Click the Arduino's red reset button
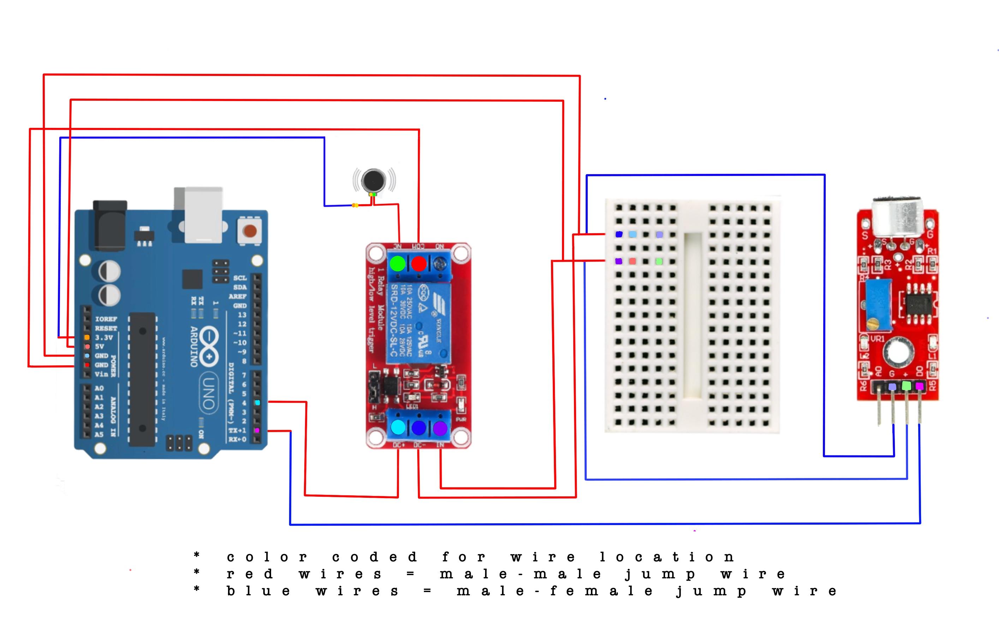pyautogui.click(x=249, y=230)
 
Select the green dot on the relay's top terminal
pyautogui.click(x=397, y=263)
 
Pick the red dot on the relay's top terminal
pyautogui.click(x=419, y=263)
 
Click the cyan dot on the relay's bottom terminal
pyautogui.click(x=398, y=427)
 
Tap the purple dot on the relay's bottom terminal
pyautogui.click(x=440, y=428)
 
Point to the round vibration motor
pyautogui.click(x=373, y=181)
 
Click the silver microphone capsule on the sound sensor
pyautogui.click(x=897, y=216)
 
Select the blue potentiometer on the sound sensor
pyautogui.click(x=879, y=305)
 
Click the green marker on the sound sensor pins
pyautogui.click(x=907, y=386)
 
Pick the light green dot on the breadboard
pyautogui.click(x=659, y=261)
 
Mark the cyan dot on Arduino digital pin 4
pyautogui.click(x=258, y=403)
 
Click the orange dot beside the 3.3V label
pyautogui.click(x=87, y=337)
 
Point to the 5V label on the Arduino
pyautogui.click(x=100, y=346)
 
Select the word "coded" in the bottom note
pyautogui.click(x=374, y=557)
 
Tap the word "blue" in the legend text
pyautogui.click(x=258, y=591)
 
